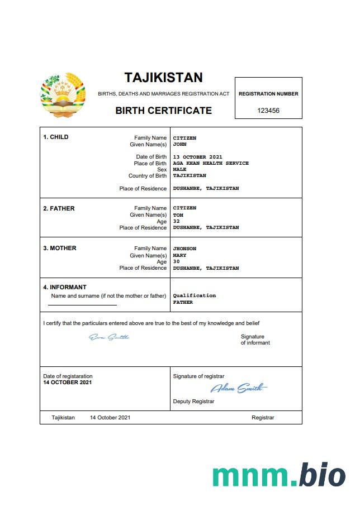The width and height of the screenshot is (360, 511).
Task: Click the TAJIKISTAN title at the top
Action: (163, 77)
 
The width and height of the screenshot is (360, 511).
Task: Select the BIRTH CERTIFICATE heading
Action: (163, 111)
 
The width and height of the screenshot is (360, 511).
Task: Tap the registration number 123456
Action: (268, 111)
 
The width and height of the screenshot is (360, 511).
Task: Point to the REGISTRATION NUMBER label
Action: (268, 94)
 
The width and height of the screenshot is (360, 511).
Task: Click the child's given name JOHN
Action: (179, 144)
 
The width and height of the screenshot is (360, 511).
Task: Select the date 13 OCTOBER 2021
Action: (198, 157)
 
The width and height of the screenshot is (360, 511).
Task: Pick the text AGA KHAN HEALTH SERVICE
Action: (211, 163)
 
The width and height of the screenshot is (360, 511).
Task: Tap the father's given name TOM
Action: (178, 215)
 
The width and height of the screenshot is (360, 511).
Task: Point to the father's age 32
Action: (176, 221)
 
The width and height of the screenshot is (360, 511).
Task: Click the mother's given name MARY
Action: (179, 255)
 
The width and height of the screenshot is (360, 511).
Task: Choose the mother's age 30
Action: (176, 261)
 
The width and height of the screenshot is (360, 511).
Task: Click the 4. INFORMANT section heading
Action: (65, 288)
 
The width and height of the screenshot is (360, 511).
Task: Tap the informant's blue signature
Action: (109, 337)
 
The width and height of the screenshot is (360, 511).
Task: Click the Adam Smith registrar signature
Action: (239, 388)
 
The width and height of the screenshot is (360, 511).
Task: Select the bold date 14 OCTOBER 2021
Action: (68, 383)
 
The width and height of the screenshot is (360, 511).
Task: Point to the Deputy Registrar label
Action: (193, 401)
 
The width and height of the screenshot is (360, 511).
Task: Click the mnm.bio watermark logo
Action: (278, 476)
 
